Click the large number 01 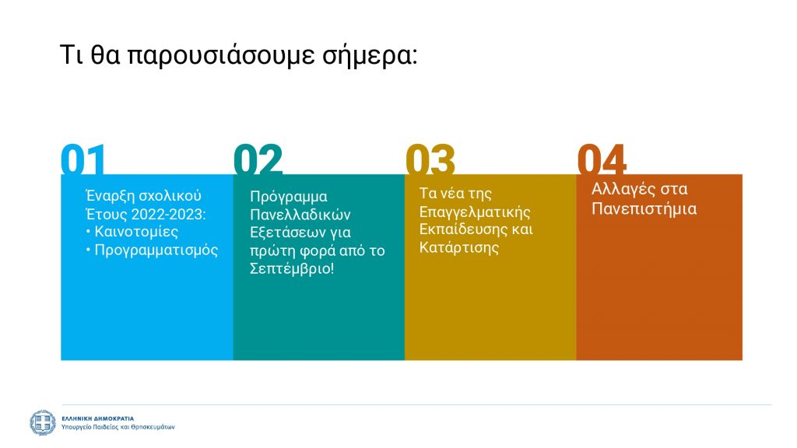pos(83,159)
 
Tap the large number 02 pos(258,159)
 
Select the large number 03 pos(430,159)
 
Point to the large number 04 pos(602,159)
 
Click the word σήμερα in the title pos(370,55)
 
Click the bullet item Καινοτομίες pos(136,232)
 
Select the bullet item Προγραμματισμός pos(156,250)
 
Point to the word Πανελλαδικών pos(300,215)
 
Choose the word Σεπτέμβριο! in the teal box pos(292,268)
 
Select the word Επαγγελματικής pos(475,212)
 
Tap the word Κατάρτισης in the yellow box pos(459,247)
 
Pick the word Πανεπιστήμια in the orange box pos(644,208)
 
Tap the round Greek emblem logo pos(43,422)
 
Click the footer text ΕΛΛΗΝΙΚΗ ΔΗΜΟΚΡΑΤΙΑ pos(97,418)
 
